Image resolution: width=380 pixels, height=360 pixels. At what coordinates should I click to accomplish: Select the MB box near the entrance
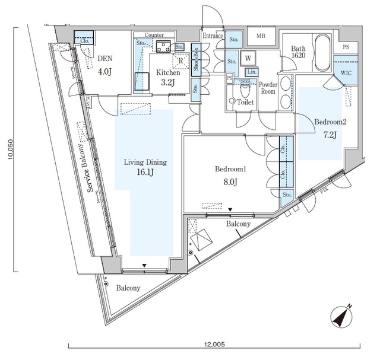pyautogui.click(x=261, y=36)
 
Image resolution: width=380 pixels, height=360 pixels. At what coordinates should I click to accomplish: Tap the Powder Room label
pyautogui.click(x=268, y=88)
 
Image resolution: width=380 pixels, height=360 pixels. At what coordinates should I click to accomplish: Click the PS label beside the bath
pyautogui.click(x=346, y=46)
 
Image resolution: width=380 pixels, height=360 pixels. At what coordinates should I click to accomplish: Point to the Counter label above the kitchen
pyautogui.click(x=154, y=36)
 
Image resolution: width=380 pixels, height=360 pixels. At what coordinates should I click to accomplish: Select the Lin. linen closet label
pyautogui.click(x=252, y=72)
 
